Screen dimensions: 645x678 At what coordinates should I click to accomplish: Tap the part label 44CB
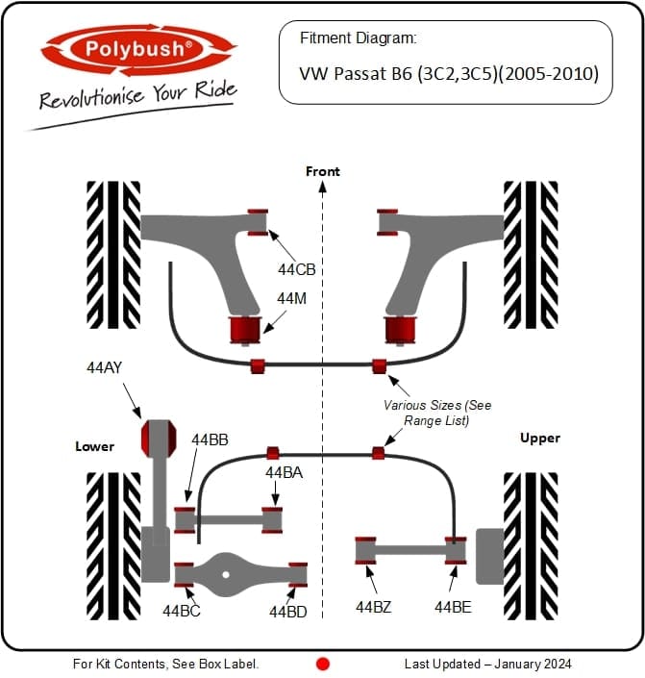[297, 269]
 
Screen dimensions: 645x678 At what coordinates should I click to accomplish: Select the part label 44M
[291, 298]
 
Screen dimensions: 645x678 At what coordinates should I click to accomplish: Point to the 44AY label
[104, 367]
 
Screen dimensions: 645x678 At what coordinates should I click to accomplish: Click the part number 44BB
[210, 439]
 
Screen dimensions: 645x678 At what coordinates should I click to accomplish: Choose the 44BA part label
[284, 472]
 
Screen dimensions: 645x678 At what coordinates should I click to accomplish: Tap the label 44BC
[182, 611]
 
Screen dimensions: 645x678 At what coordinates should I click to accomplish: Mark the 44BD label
[288, 612]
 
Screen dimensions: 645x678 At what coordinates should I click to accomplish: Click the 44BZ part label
[374, 607]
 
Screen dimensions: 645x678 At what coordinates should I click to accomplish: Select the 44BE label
[453, 607]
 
